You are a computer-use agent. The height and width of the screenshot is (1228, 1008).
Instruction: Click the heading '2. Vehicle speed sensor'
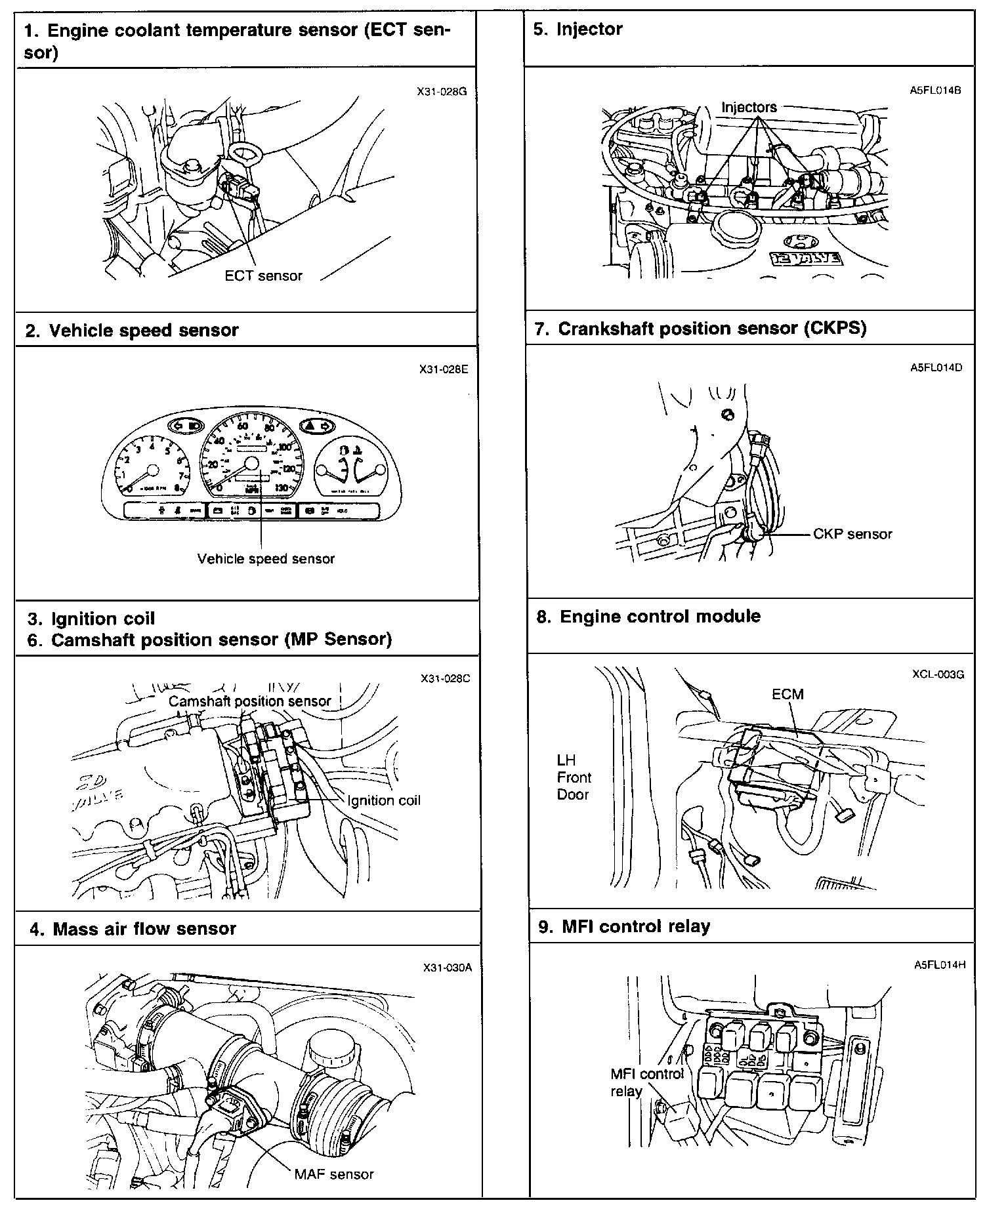coord(132,330)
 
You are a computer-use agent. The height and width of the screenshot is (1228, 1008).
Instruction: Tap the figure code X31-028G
coord(442,92)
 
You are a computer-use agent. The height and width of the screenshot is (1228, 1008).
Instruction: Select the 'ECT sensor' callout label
coord(263,276)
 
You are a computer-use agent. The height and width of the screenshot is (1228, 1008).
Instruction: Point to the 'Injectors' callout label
coord(749,107)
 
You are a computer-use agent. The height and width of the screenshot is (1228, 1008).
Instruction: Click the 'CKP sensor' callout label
coord(852,534)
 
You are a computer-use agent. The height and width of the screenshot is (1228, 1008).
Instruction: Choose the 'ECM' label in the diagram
coord(787,694)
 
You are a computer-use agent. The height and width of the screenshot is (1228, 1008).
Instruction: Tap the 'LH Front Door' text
coord(574,777)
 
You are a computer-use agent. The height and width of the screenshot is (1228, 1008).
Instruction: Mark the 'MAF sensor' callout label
coord(334,1174)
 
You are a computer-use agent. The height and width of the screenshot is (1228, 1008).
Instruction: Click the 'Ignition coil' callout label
coord(384,800)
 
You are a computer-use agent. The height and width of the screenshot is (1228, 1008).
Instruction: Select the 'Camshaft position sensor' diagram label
coord(249,701)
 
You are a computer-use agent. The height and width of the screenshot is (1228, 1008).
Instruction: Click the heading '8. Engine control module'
coord(648,617)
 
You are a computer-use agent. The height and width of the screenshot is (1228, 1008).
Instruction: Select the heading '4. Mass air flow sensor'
coord(133,929)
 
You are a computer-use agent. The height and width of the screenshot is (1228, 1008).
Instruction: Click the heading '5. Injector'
coord(578,29)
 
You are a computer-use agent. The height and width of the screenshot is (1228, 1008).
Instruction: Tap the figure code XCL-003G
coord(938,674)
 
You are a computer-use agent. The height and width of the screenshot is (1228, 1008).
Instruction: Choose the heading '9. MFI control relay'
coord(624,926)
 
